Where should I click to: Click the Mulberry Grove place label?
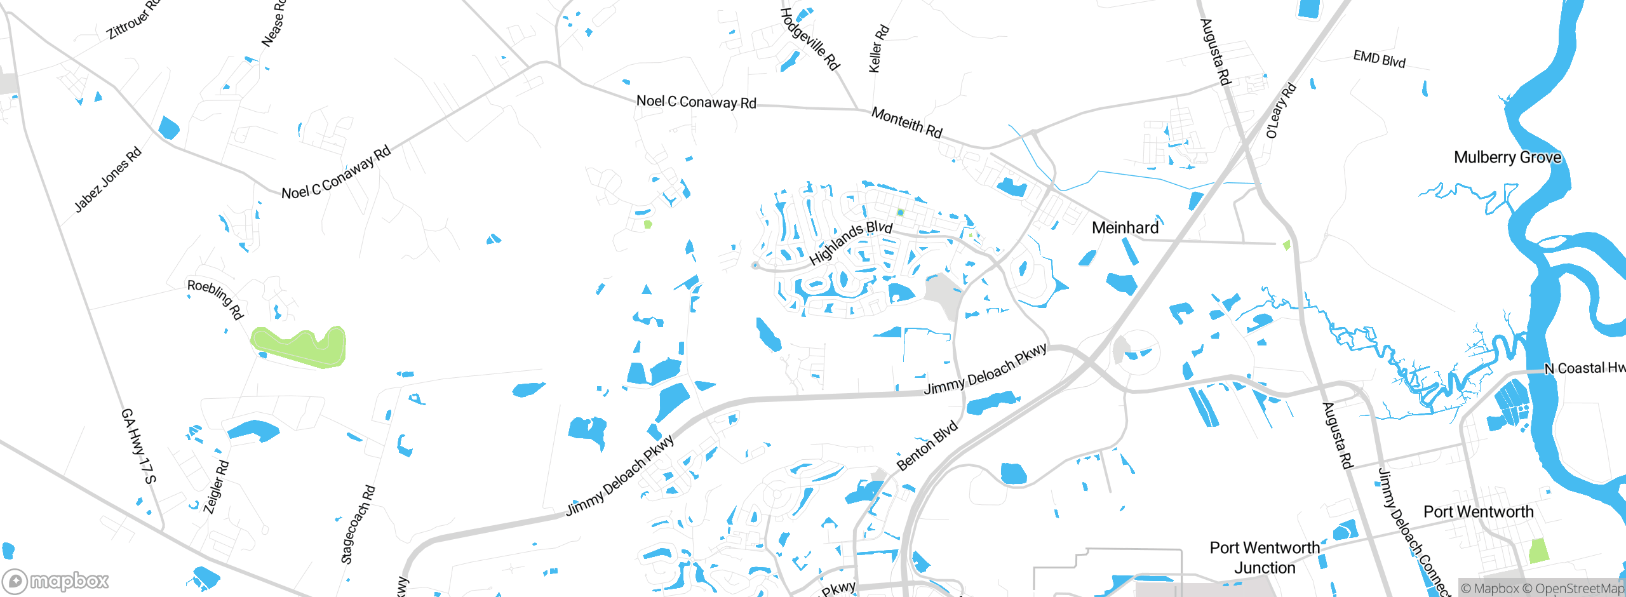[x=1507, y=158]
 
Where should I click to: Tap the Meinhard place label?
[x=1125, y=228]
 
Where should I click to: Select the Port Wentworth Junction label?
[x=1264, y=558]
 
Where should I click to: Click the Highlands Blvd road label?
[x=850, y=243]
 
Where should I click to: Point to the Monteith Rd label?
[x=906, y=122]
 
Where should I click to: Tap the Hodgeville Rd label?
[x=810, y=39]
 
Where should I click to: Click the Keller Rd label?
[x=878, y=49]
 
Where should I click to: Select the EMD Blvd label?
[x=1379, y=59]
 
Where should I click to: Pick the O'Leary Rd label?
[x=1280, y=111]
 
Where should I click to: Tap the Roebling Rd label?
[x=215, y=298]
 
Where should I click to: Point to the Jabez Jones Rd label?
[x=107, y=180]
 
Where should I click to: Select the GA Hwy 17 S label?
[x=138, y=446]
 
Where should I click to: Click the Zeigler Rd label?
[x=216, y=486]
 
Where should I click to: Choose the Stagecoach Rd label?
[x=358, y=525]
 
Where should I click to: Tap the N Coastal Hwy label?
[x=1584, y=368]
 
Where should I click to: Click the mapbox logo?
[x=56, y=580]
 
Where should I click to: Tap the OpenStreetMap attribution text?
[x=1578, y=589]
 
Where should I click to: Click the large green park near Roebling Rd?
[x=299, y=347]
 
